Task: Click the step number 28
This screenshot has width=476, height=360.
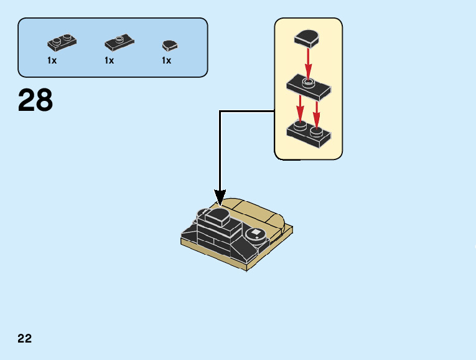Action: click(35, 100)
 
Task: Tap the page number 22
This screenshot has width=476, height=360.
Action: click(25, 338)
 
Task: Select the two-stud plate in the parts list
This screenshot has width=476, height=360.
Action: click(62, 42)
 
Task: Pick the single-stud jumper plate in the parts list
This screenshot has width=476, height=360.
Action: click(119, 43)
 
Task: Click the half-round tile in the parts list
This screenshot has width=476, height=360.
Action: click(170, 46)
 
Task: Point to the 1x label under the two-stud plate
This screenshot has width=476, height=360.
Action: click(52, 60)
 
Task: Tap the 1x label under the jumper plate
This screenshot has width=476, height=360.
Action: click(110, 60)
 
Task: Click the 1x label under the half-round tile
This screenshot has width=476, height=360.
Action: click(167, 60)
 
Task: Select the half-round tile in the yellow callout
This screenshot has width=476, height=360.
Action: click(307, 39)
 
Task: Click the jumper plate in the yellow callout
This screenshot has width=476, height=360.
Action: click(309, 87)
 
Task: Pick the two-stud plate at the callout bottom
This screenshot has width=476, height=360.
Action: click(309, 134)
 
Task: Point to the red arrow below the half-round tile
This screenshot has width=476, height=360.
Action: click(308, 64)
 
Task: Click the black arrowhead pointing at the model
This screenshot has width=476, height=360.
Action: click(220, 197)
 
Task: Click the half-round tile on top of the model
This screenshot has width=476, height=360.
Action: click(217, 217)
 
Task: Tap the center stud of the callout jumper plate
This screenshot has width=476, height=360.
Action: click(309, 82)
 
